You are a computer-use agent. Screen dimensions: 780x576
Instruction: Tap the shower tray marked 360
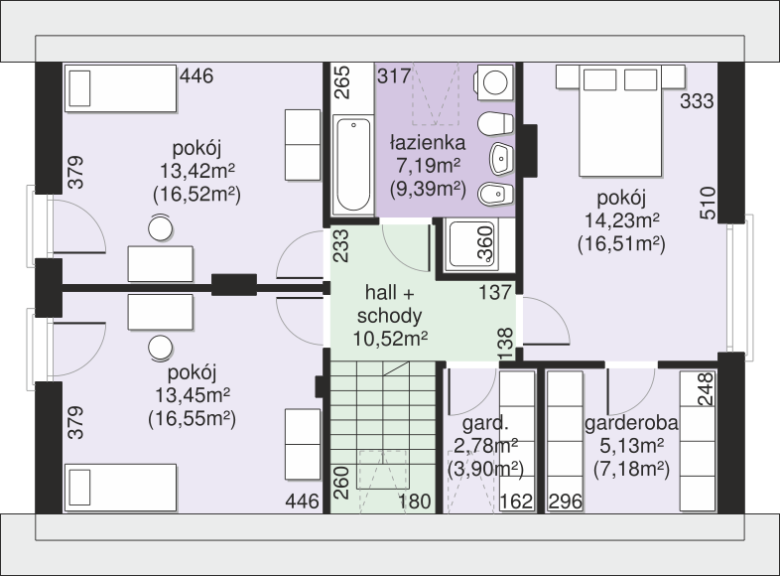(x=471, y=245)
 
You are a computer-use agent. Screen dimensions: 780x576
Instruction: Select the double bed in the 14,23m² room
(x=620, y=121)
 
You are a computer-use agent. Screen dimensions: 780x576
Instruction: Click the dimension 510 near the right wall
(x=708, y=204)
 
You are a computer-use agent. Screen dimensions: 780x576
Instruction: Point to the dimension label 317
(x=395, y=76)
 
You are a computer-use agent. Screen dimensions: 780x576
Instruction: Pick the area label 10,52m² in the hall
(x=390, y=339)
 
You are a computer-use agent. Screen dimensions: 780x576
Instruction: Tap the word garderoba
(x=631, y=423)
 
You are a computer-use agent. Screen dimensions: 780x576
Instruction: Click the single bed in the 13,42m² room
(x=120, y=88)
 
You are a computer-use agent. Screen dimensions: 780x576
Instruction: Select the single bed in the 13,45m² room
(x=120, y=488)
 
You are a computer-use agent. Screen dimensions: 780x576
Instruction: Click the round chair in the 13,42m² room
(x=160, y=229)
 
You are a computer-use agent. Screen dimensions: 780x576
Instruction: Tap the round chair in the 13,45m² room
(x=160, y=348)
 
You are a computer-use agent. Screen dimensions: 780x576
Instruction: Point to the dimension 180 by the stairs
(x=415, y=502)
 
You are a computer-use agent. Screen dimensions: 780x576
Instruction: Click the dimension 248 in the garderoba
(x=706, y=389)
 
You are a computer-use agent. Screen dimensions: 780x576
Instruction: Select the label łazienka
(x=428, y=143)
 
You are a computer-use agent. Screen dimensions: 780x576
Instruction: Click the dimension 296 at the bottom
(x=565, y=502)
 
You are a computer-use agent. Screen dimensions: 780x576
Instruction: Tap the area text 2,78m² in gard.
(x=486, y=446)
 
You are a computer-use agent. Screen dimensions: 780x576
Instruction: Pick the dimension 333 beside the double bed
(x=697, y=101)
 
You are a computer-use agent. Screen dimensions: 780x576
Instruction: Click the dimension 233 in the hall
(x=341, y=245)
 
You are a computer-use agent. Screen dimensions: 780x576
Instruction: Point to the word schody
(x=389, y=316)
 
